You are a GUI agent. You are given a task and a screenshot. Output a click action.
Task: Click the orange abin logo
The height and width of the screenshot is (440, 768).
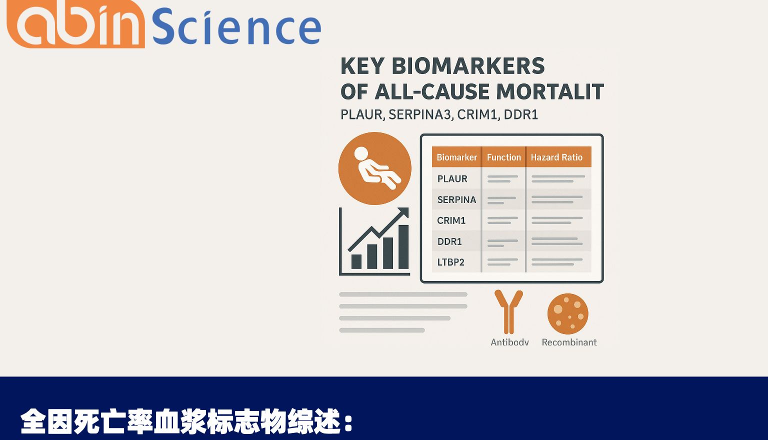(x=75, y=25)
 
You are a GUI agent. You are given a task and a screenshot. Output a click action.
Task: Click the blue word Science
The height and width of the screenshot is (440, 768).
(x=236, y=27)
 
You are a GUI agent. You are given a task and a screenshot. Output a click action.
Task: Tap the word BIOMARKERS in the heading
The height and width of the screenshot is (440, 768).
(x=468, y=66)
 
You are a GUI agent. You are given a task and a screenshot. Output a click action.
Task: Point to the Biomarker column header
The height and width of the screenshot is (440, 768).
(x=456, y=157)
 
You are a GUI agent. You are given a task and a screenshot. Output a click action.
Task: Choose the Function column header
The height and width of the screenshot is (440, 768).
(x=503, y=157)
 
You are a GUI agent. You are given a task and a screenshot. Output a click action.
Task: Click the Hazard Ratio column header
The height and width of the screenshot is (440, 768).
(x=556, y=157)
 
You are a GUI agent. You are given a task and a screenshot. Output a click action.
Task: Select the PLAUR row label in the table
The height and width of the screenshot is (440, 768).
(x=452, y=179)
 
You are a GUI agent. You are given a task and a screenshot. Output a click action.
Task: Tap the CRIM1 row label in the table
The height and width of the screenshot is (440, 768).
(x=451, y=220)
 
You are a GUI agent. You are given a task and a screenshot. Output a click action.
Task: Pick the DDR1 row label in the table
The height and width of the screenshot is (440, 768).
(x=449, y=241)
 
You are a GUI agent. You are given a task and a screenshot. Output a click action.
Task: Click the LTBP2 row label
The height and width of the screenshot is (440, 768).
(x=450, y=262)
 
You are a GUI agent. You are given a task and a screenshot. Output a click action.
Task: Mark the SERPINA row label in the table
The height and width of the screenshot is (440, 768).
(x=456, y=200)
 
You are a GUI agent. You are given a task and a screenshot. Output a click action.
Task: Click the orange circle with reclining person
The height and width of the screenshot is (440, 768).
(x=374, y=168)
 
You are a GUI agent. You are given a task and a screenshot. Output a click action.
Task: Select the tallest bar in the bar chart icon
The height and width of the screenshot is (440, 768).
(x=403, y=247)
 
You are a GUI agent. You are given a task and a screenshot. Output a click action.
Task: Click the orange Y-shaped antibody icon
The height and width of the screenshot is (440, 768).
(x=508, y=311)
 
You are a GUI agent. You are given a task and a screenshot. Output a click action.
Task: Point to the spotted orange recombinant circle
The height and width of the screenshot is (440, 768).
(x=567, y=314)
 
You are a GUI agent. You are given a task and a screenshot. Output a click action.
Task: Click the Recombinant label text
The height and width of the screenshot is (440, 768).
(x=569, y=342)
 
